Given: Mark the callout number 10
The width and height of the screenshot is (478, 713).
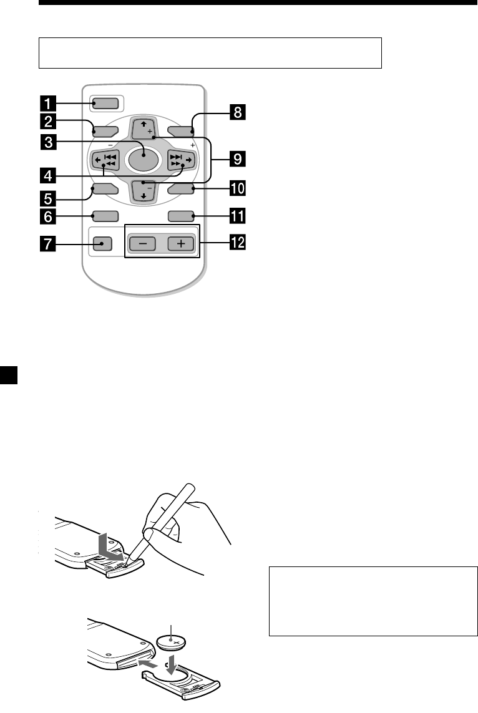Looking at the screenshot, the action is tap(237, 187).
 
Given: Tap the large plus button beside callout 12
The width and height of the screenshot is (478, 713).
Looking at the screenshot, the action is tap(180, 243).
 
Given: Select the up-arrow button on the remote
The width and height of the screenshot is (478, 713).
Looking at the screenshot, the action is tap(142, 129).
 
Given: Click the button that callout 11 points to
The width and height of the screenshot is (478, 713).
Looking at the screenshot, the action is tap(181, 217).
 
